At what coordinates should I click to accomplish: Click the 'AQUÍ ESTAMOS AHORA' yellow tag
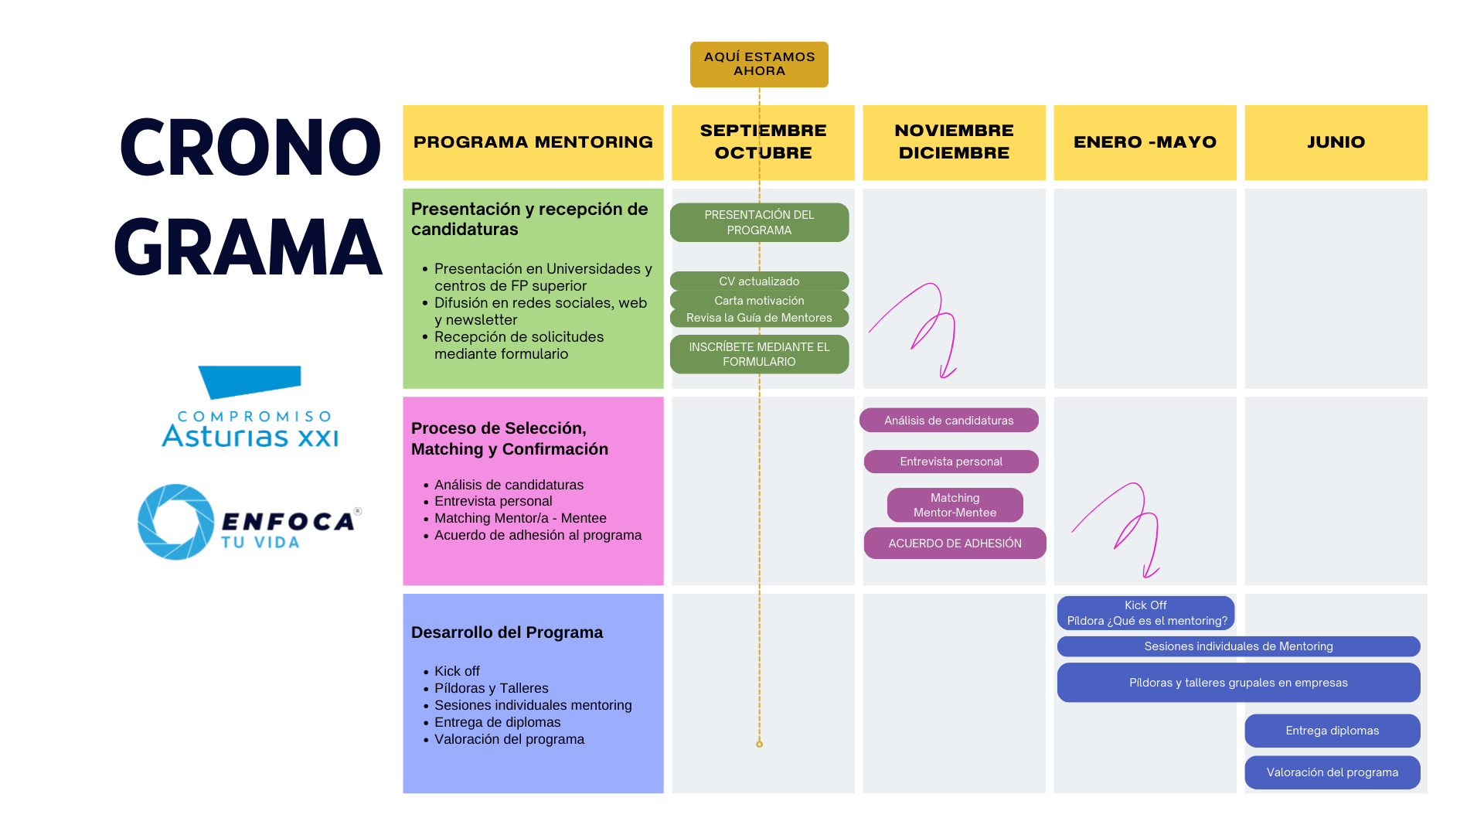pos(759,64)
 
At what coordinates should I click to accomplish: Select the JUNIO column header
pos(1336,142)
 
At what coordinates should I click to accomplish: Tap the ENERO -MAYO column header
pos(1145,142)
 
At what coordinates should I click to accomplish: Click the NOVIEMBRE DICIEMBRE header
pos(954,142)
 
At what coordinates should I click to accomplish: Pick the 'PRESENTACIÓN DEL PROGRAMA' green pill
pos(759,223)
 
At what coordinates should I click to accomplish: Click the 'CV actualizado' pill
pos(759,281)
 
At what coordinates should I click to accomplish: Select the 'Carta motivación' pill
pos(759,300)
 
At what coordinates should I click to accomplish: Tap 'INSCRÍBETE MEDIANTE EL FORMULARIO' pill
pos(759,354)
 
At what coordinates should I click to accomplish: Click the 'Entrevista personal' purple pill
pos(951,462)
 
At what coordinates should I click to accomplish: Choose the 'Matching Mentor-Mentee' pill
pos(955,505)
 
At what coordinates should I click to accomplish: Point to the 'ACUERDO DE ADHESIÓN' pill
pos(955,544)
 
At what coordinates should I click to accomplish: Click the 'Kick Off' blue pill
pos(1145,613)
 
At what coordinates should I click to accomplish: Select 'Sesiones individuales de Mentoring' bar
pos(1238,646)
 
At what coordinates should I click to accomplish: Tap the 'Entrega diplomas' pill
pos(1332,731)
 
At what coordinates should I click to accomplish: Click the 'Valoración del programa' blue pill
pos(1332,772)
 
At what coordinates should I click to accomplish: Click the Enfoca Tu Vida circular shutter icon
pos(176,522)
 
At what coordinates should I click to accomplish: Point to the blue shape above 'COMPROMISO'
pos(250,381)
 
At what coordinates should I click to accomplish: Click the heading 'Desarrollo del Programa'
pos(507,632)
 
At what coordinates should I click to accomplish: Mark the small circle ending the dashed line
pos(759,744)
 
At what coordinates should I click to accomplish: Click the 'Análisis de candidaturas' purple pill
pos(948,421)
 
